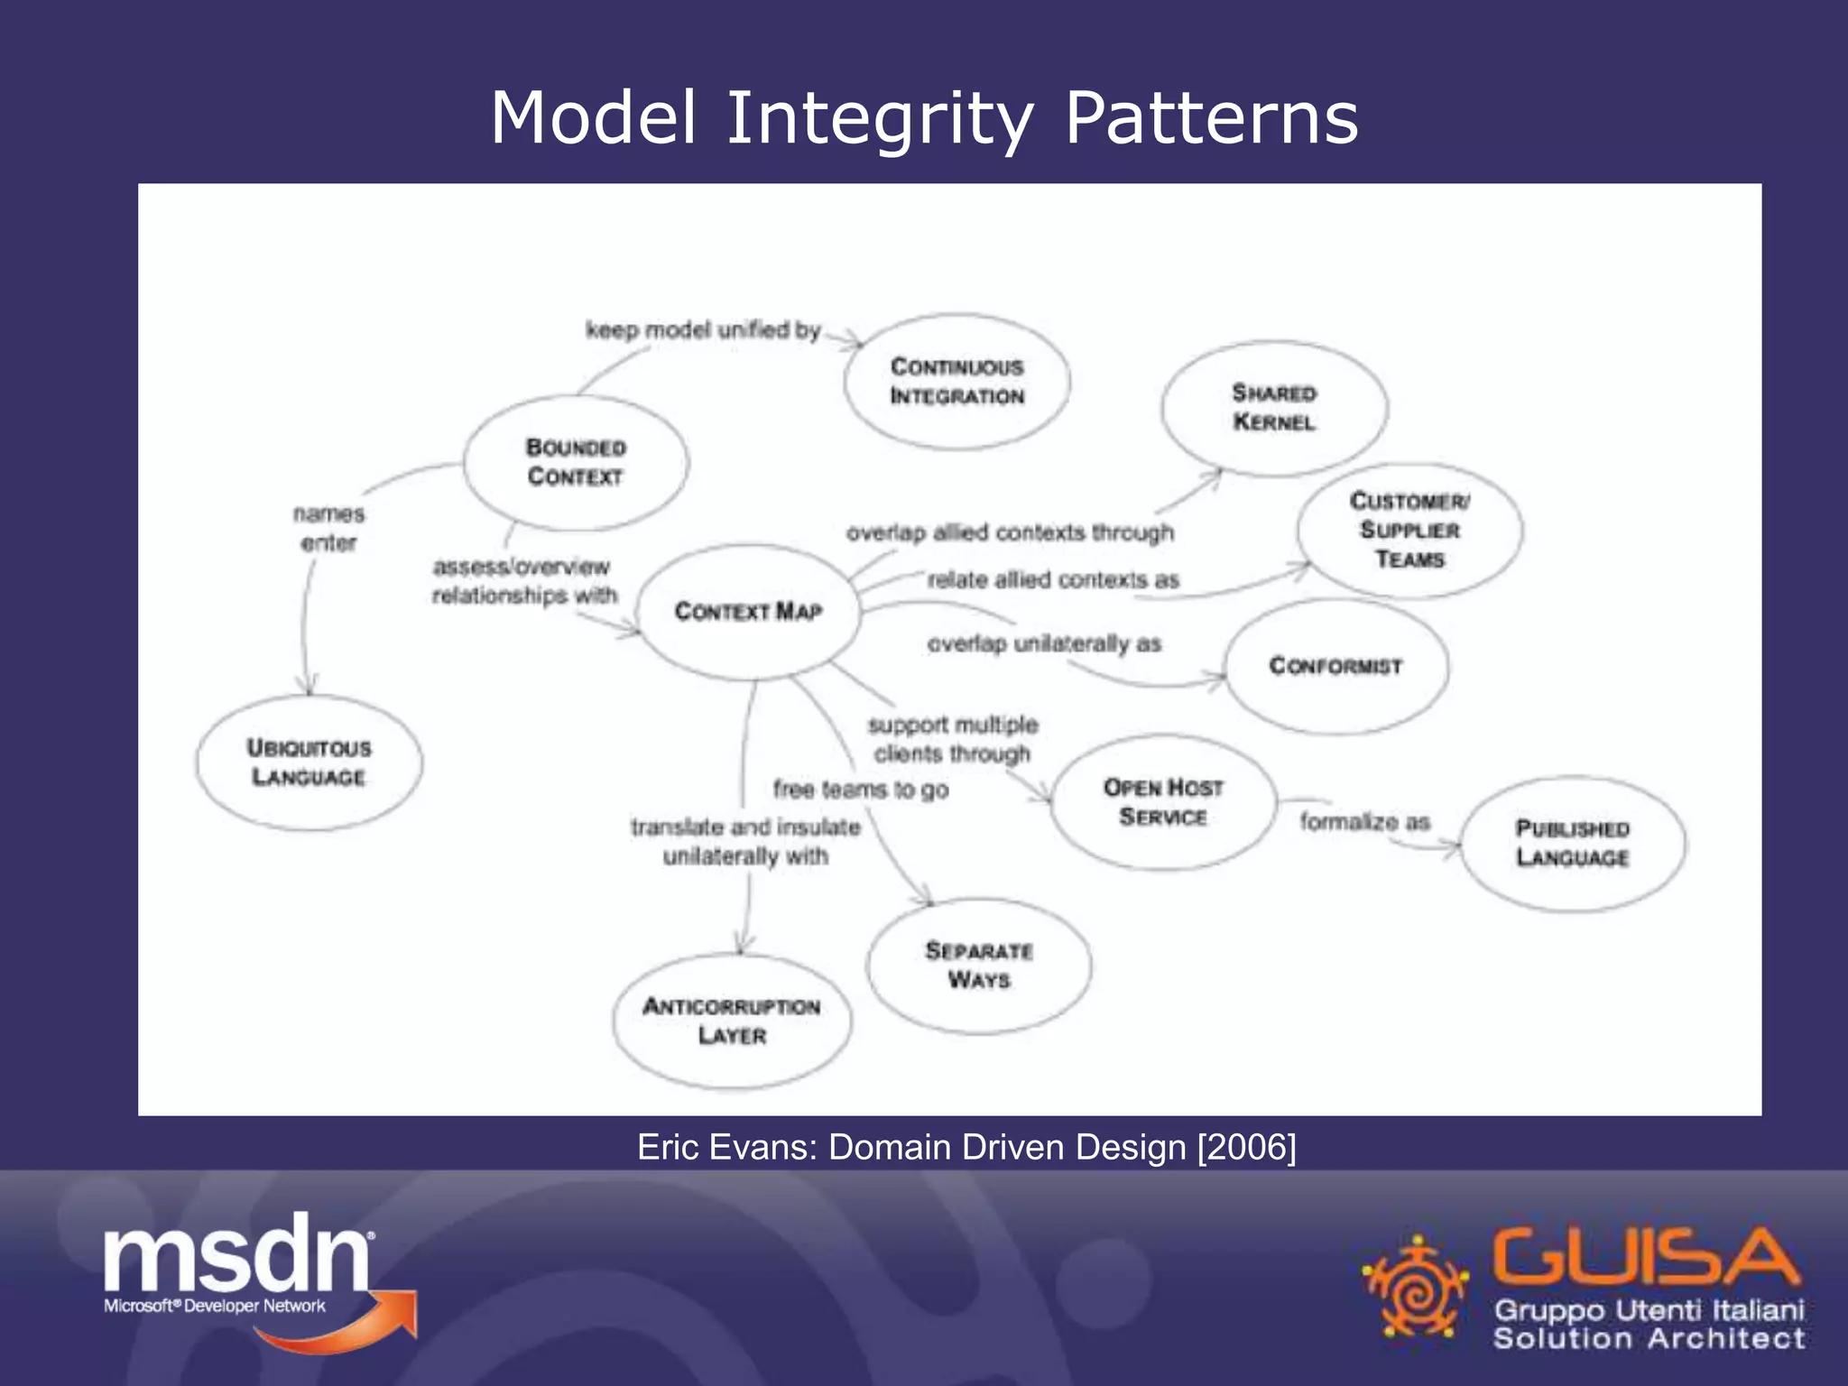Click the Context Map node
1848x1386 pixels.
click(748, 612)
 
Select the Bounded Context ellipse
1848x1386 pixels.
click(576, 462)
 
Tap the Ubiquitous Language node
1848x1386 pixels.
click(309, 762)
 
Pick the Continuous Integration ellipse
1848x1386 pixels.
click(957, 382)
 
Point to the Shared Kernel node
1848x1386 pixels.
click(1274, 408)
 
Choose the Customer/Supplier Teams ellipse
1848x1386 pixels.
click(1409, 531)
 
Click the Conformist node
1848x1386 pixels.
click(1336, 666)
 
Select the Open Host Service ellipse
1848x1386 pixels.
click(1163, 802)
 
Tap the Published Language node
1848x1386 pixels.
click(1573, 843)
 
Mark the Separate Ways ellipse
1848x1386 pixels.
click(979, 966)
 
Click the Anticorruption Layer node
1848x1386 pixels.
click(732, 1021)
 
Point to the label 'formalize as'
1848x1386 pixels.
click(1364, 822)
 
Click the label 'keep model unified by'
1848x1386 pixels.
click(703, 330)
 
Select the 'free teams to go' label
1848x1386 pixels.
click(861, 790)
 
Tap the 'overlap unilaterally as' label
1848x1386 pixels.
click(1044, 644)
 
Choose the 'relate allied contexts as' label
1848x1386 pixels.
click(1053, 580)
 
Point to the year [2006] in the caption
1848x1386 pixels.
click(1246, 1148)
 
